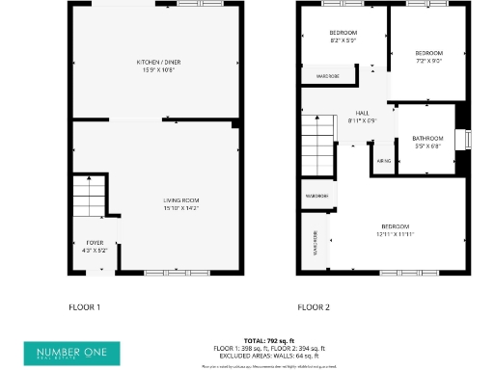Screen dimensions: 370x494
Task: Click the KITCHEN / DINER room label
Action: click(x=155, y=64)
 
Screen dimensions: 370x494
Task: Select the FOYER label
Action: click(x=95, y=242)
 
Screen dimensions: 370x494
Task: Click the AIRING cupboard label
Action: click(x=383, y=161)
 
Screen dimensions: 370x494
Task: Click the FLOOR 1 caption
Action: click(x=84, y=307)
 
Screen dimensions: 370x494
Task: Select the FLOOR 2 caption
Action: click(x=314, y=307)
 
